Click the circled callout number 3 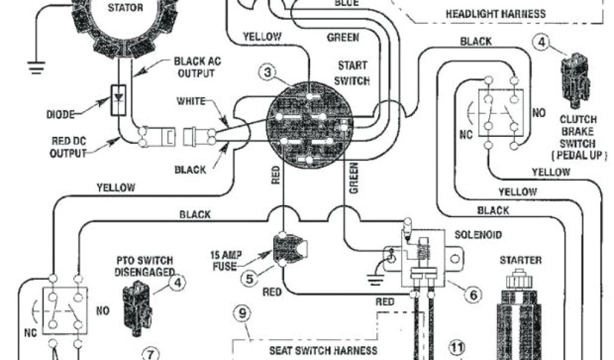point(270,73)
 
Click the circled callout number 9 point(242,314)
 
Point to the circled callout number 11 point(458,347)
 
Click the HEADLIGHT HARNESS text point(495,13)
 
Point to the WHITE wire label point(191,101)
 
